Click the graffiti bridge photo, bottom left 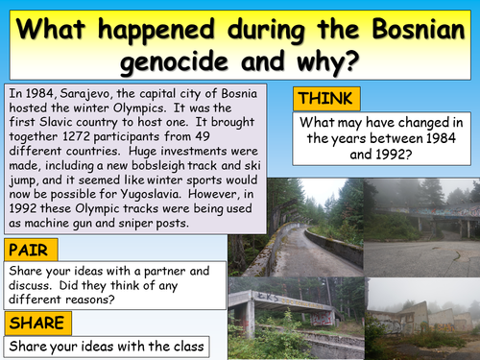296,316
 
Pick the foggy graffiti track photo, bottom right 422,316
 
